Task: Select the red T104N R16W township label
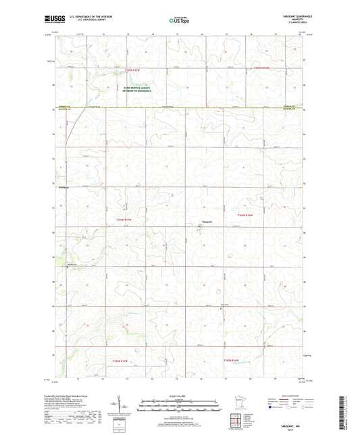[245, 215]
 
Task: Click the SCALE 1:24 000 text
[180, 395]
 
